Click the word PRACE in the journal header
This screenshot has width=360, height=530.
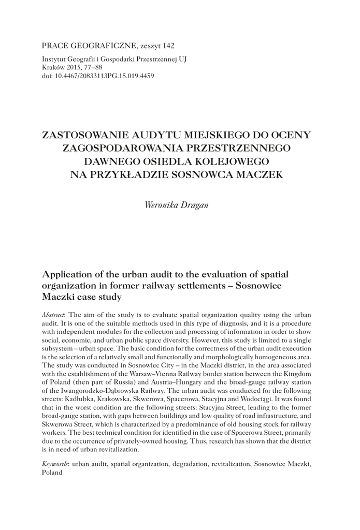pos(54,46)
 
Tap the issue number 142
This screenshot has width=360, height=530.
pos(167,46)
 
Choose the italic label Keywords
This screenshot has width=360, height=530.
pos(55,464)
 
